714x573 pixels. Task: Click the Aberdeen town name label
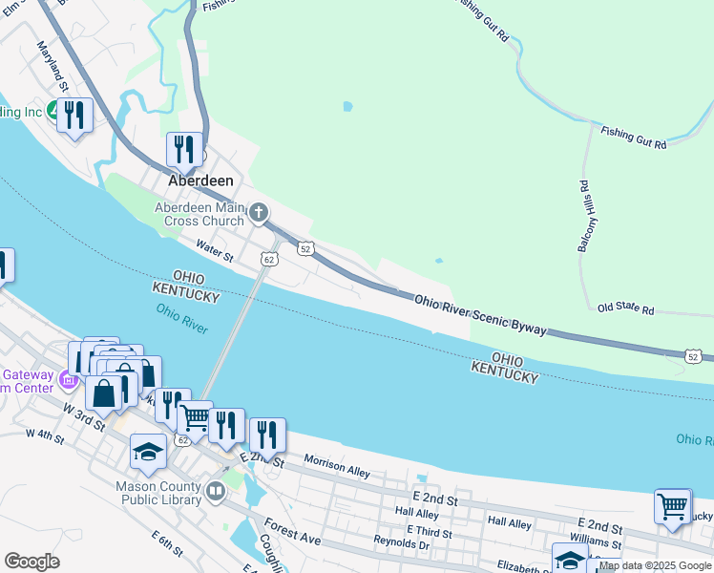[x=200, y=180]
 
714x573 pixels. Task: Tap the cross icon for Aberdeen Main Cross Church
[x=258, y=212]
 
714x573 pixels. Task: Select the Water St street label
[x=215, y=251]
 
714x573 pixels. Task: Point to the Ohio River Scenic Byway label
[x=480, y=314]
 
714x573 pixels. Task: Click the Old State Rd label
[x=625, y=309]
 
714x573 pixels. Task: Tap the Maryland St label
[x=52, y=66]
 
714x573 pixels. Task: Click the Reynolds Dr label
[x=402, y=542]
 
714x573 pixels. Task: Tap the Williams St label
[x=595, y=541]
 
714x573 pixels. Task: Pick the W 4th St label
[x=45, y=437]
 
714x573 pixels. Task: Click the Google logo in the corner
[x=31, y=562]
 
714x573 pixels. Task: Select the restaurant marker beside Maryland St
[x=74, y=117]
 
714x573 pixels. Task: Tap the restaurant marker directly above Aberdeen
[x=184, y=149]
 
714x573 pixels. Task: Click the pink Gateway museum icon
[x=68, y=381]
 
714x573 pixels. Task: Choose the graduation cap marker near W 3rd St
[x=148, y=451]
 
